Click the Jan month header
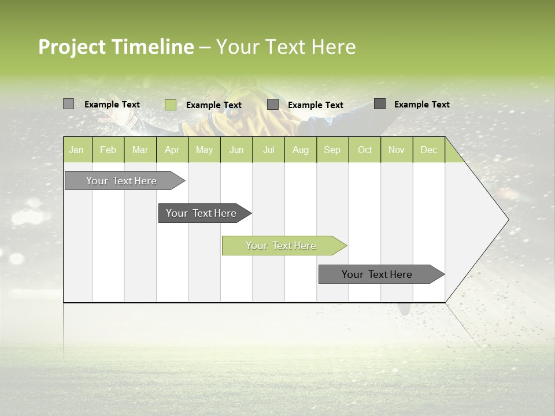76,150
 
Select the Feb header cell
108,150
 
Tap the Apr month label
172,150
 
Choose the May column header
204,150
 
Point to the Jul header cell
268,150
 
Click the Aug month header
300,150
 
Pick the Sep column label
332,150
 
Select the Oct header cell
365,150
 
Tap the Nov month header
397,150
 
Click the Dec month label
428,150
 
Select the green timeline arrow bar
283,246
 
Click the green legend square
171,105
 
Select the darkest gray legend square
380,104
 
